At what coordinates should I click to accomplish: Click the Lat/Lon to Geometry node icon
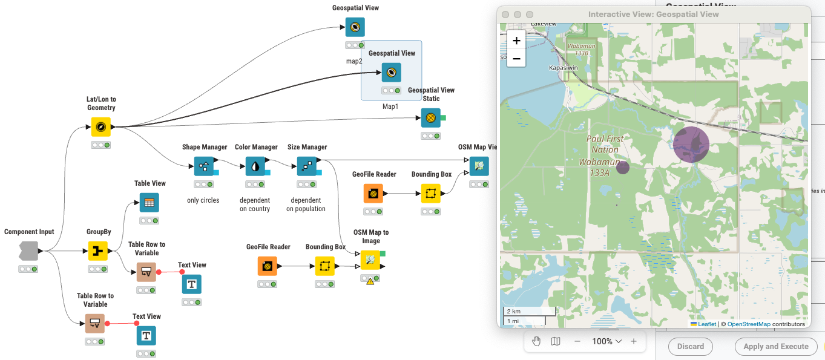click(101, 127)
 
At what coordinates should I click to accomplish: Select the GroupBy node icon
click(98, 251)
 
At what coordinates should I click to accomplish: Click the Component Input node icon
click(29, 250)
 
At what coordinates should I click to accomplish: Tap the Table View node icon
click(150, 203)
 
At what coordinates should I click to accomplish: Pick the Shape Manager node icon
click(204, 166)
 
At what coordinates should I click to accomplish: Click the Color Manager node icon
click(255, 166)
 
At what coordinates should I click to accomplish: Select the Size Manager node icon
click(307, 166)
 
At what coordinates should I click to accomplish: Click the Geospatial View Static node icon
click(431, 118)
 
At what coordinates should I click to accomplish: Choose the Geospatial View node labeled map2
click(355, 27)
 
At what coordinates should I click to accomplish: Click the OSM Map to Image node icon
click(370, 261)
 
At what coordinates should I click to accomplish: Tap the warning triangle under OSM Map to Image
click(370, 281)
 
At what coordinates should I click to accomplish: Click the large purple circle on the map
click(691, 145)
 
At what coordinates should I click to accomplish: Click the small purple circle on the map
click(623, 168)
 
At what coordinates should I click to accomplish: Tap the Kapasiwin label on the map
click(563, 68)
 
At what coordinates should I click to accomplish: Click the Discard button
click(690, 347)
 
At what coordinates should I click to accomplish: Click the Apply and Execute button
click(775, 347)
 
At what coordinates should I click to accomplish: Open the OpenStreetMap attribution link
click(749, 324)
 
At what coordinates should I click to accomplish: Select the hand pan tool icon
click(536, 341)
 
